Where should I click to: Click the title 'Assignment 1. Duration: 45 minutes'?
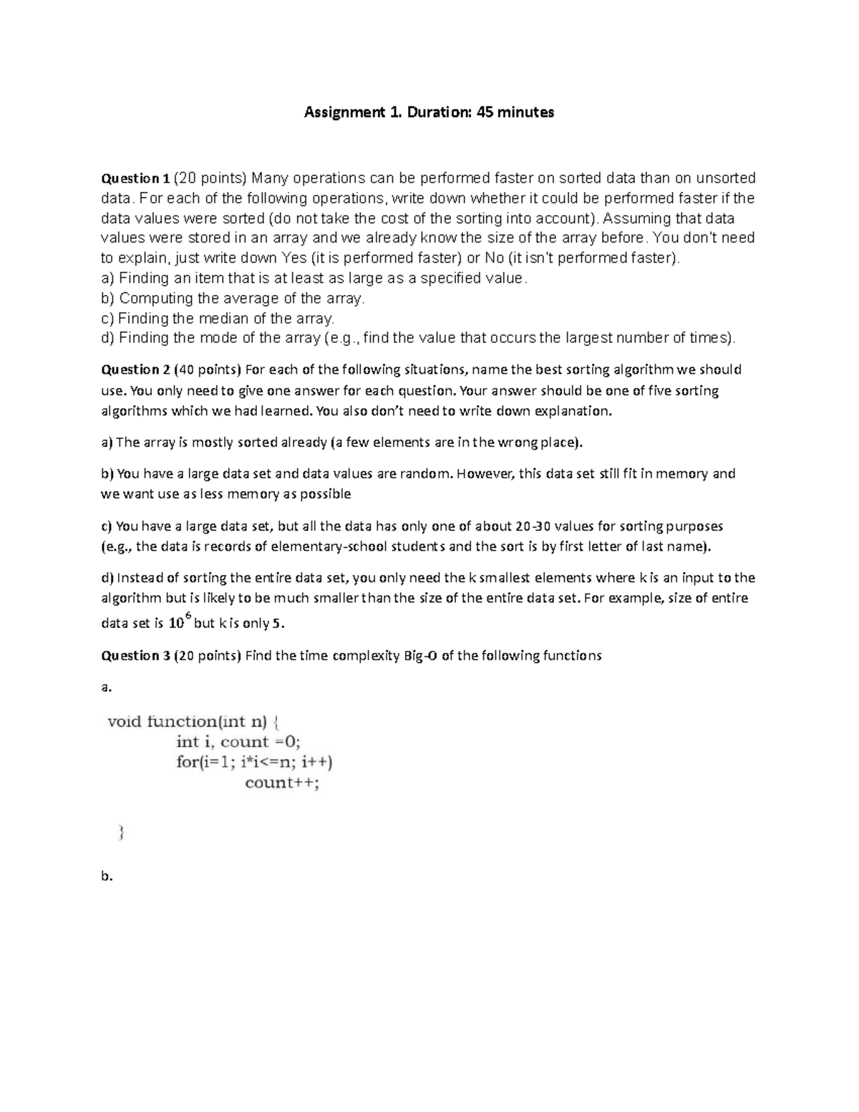(429, 112)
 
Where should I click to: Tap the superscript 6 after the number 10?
(188, 616)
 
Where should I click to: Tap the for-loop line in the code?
(254, 762)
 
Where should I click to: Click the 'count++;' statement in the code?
(282, 783)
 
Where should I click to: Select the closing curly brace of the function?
(121, 832)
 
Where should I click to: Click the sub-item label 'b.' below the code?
(107, 876)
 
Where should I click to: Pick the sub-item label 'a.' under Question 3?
(107, 687)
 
